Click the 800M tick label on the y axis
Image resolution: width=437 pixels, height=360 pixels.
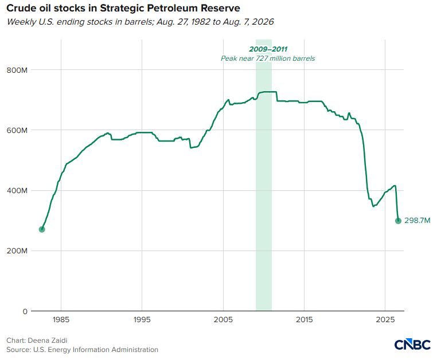pyautogui.click(x=17, y=70)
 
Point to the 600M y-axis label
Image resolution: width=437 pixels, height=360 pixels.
pyautogui.click(x=17, y=130)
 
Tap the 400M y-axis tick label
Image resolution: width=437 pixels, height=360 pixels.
pyautogui.click(x=17, y=191)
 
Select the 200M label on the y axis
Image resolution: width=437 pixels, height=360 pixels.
pyautogui.click(x=17, y=251)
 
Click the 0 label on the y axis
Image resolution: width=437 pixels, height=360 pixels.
pyautogui.click(x=25, y=311)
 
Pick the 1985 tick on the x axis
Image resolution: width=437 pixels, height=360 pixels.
pyautogui.click(x=61, y=320)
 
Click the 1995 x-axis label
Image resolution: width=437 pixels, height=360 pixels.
pyautogui.click(x=142, y=320)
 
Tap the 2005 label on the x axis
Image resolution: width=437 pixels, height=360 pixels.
pyautogui.click(x=223, y=320)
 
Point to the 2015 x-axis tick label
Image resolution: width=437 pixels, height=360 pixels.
pyautogui.click(x=304, y=320)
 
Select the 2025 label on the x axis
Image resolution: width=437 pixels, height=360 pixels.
pyautogui.click(x=385, y=320)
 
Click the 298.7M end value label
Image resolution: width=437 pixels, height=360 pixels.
pyautogui.click(x=417, y=221)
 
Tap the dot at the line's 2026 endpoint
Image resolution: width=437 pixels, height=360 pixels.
pyautogui.click(x=398, y=221)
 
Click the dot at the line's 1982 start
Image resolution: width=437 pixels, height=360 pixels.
pyautogui.click(x=42, y=230)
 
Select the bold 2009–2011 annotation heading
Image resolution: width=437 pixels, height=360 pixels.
pyautogui.click(x=268, y=49)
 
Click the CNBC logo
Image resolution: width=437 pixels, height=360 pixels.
pyautogui.click(x=412, y=345)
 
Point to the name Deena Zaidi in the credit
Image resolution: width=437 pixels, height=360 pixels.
pyautogui.click(x=48, y=341)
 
